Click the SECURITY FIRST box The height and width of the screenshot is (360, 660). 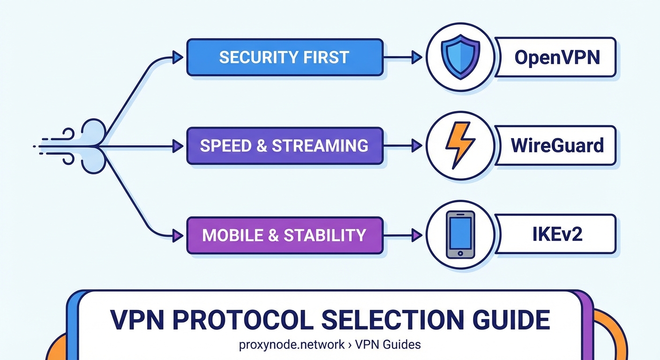coord(285,57)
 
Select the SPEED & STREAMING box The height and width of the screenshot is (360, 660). coord(285,146)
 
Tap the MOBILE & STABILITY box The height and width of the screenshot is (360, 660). coord(285,235)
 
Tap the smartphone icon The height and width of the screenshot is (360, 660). coord(460,234)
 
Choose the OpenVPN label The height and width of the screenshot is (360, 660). coord(557,58)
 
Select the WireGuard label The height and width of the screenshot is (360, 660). coord(557,145)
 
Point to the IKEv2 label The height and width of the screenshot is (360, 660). coord(557,234)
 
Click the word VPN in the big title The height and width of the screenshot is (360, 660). coord(138,320)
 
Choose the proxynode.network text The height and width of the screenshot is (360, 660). coord(292,345)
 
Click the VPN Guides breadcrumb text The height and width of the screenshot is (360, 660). coord(388,345)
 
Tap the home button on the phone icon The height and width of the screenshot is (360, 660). coord(460,253)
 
